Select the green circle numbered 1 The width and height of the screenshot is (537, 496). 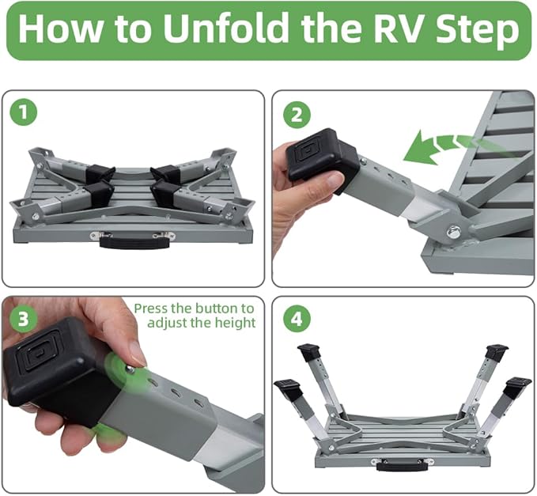pyautogui.click(x=25, y=112)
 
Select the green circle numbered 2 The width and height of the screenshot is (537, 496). pyautogui.click(x=296, y=114)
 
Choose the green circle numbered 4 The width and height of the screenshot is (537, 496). pyautogui.click(x=296, y=320)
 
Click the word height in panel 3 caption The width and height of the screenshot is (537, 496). pyautogui.click(x=238, y=323)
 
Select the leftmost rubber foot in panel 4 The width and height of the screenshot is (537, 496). pyautogui.click(x=289, y=391)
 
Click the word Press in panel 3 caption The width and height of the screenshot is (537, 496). pyautogui.click(x=150, y=308)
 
